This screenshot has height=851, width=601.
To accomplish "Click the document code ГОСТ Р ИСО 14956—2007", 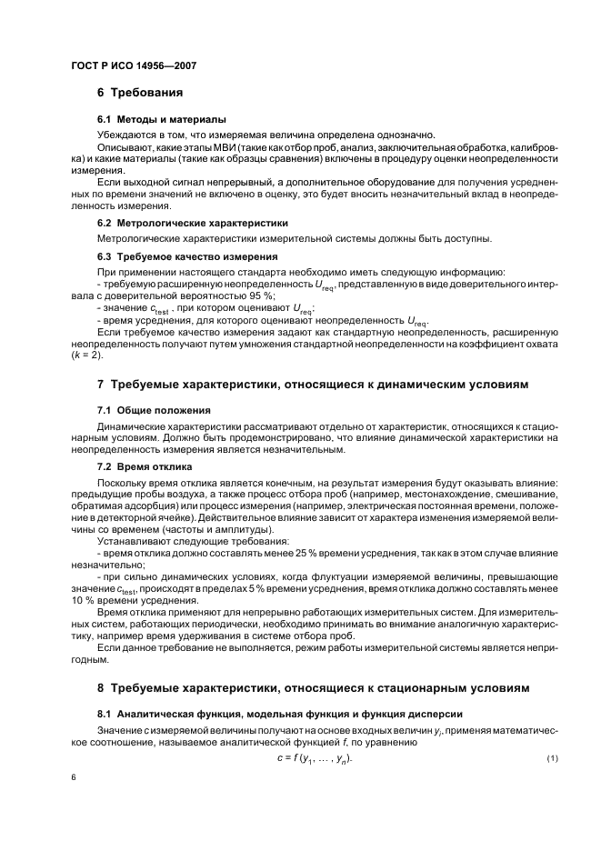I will tap(133, 66).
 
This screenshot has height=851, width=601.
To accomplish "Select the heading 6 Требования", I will tap(140, 93).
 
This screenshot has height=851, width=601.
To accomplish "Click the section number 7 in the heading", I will tap(101, 385).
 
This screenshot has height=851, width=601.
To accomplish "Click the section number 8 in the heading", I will tap(101, 687).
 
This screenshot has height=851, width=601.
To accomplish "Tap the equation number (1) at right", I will tap(551, 759).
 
